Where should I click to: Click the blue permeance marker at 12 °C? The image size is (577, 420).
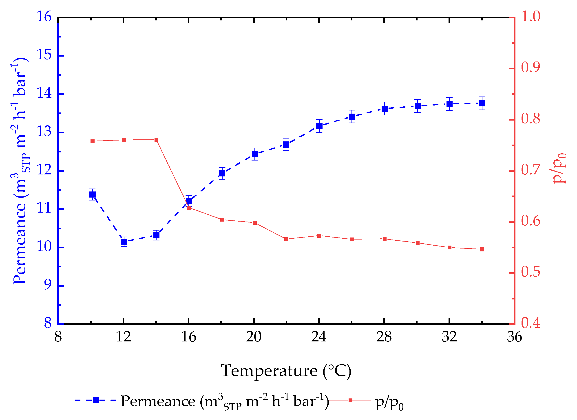[x=124, y=242]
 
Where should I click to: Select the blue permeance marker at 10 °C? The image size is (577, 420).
[x=93, y=194]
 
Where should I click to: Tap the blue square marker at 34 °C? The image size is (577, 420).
[x=482, y=103]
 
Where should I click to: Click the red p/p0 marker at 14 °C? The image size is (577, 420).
[x=157, y=140]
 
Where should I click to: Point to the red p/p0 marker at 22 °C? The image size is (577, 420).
[x=286, y=239]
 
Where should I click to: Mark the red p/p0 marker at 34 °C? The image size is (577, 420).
[x=482, y=249]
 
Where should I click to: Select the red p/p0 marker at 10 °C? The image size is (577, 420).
[x=93, y=141]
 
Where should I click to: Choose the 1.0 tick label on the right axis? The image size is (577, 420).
[x=531, y=17]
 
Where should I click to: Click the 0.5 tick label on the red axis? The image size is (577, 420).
[x=531, y=272]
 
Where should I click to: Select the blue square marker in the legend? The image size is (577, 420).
[x=96, y=400]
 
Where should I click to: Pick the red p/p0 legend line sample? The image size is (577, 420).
[x=350, y=400]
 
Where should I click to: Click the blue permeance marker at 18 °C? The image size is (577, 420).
[x=222, y=173]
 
